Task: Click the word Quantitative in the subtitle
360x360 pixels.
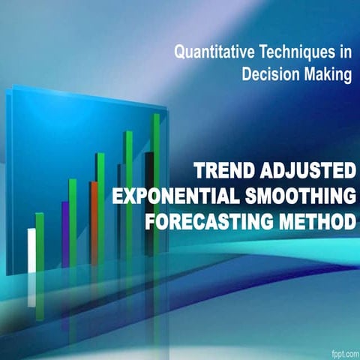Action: coord(211,53)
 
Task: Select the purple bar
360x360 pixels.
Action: coord(65,232)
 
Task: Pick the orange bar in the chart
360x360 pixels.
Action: coord(94,221)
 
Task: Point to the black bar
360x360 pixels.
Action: coord(149,202)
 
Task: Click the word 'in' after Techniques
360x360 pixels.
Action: coord(343,53)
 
